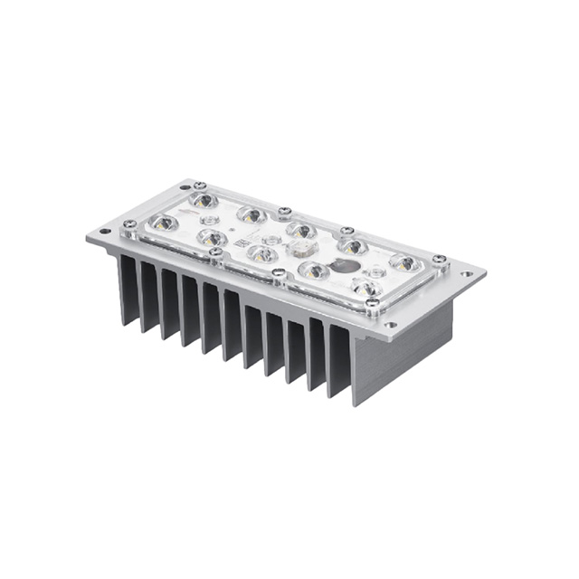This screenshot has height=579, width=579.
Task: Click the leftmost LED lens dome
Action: pos(164,223)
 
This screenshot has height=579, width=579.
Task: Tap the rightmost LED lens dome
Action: pos(404,263)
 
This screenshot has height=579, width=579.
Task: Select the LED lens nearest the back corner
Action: pos(204,200)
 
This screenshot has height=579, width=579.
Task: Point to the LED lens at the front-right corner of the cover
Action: pos(366,288)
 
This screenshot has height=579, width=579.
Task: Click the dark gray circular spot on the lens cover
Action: pos(343,265)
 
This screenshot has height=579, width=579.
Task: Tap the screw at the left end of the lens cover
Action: pos(130,223)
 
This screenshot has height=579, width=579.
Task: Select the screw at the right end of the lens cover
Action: pos(439,260)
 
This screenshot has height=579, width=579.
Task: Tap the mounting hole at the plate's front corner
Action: pos(390,325)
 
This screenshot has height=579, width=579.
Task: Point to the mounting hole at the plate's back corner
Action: pos(187,181)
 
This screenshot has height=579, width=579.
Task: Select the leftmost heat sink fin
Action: pos(128,289)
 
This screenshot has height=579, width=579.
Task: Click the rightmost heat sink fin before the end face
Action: pos(338,357)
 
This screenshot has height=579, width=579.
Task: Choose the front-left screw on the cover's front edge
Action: pos(216,252)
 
